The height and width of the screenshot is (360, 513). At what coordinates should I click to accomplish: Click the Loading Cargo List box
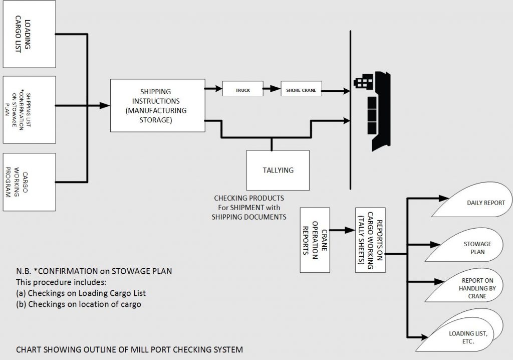coord(29,34)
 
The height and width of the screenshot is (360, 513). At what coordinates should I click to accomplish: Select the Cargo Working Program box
coord(29,182)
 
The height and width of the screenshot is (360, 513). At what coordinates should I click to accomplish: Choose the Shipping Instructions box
coord(158,105)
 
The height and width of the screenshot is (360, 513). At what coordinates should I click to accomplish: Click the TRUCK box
coord(242,90)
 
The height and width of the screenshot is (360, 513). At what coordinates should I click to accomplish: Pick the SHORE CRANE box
coord(301,90)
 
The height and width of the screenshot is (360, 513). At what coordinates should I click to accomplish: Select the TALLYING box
coord(278,170)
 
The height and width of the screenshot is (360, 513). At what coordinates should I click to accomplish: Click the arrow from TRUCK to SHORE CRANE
coord(272,90)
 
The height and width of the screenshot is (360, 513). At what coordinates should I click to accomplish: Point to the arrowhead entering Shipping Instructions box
coord(106,105)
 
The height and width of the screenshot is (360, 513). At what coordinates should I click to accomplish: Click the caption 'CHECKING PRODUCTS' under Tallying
coord(249,199)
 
